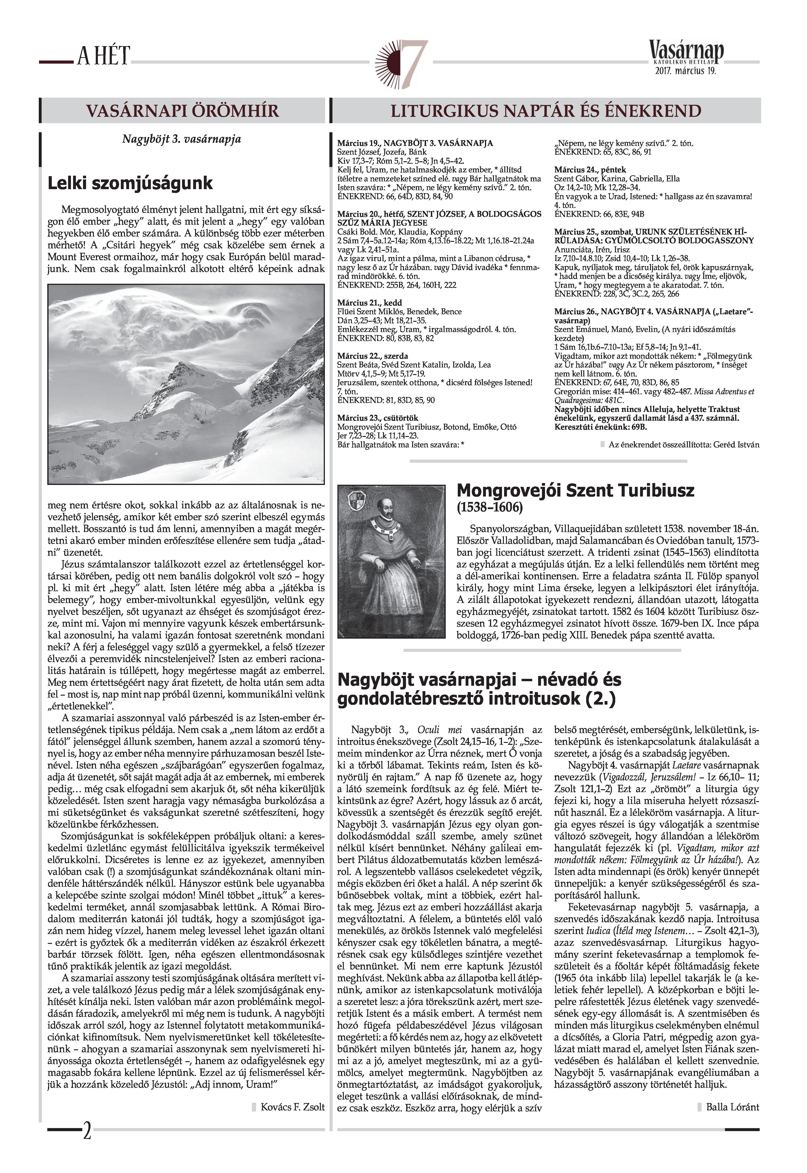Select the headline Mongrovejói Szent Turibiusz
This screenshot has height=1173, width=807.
pyautogui.click(x=576, y=490)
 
